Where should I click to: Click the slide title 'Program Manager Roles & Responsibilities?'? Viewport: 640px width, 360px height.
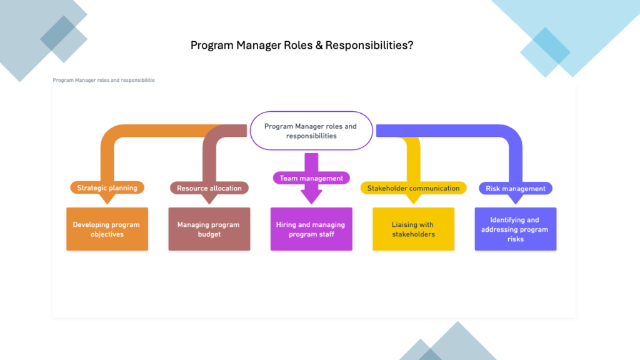point(301,46)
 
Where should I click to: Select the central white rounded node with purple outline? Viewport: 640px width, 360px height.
point(311,131)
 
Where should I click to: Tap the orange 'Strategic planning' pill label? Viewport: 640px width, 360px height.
point(107,187)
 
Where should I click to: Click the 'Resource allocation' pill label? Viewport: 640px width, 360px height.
point(209,188)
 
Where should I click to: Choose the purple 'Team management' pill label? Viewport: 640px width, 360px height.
point(311,178)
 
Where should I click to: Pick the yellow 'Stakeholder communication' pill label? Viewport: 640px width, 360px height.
point(413,188)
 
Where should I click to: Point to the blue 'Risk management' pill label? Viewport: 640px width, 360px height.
point(515,188)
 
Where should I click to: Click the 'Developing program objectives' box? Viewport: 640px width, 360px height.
point(107,229)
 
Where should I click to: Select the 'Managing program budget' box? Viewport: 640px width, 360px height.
point(209,229)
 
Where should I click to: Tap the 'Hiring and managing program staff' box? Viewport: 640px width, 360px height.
point(311,229)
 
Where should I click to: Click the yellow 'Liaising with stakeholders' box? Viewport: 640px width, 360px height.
point(413,229)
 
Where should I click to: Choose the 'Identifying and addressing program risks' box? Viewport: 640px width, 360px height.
point(515,229)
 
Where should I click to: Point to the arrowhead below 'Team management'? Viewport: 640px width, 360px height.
point(311,196)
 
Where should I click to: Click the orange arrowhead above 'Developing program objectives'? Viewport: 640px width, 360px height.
point(107,199)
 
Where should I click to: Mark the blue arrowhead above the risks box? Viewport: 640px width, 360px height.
point(515,199)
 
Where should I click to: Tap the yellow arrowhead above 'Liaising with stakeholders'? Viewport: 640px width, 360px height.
point(413,199)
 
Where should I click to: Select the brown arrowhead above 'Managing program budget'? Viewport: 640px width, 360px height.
point(209,199)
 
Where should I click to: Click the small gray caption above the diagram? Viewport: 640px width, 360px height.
point(104,81)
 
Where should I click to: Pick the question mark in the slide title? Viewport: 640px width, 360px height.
point(409,46)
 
